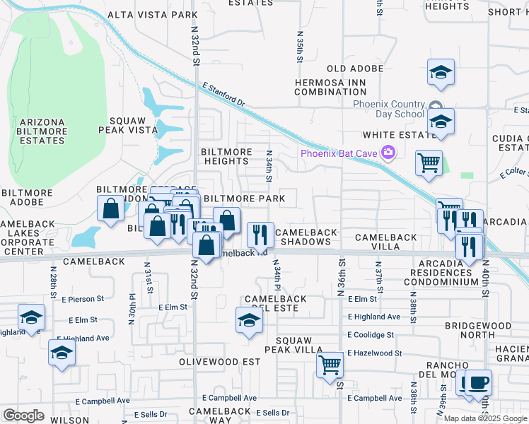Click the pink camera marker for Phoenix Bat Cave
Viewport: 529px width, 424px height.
pyautogui.click(x=388, y=153)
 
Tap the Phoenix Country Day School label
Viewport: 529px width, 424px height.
pyautogui.click(x=389, y=109)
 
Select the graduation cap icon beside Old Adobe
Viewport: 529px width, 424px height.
pyautogui.click(x=441, y=72)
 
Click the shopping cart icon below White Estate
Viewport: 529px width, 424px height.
pyautogui.click(x=429, y=163)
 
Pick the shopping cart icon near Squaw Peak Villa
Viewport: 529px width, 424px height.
pyautogui.click(x=330, y=365)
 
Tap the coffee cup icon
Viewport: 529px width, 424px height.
pyautogui.click(x=478, y=382)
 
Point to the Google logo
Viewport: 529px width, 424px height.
pyautogui.click(x=23, y=416)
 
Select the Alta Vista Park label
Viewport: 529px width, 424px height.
pyautogui.click(x=152, y=15)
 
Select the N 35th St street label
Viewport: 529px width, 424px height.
pyautogui.click(x=300, y=47)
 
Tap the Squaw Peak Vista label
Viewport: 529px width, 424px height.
pyautogui.click(x=132, y=125)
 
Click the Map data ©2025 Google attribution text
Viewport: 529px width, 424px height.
pyautogui.click(x=485, y=418)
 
